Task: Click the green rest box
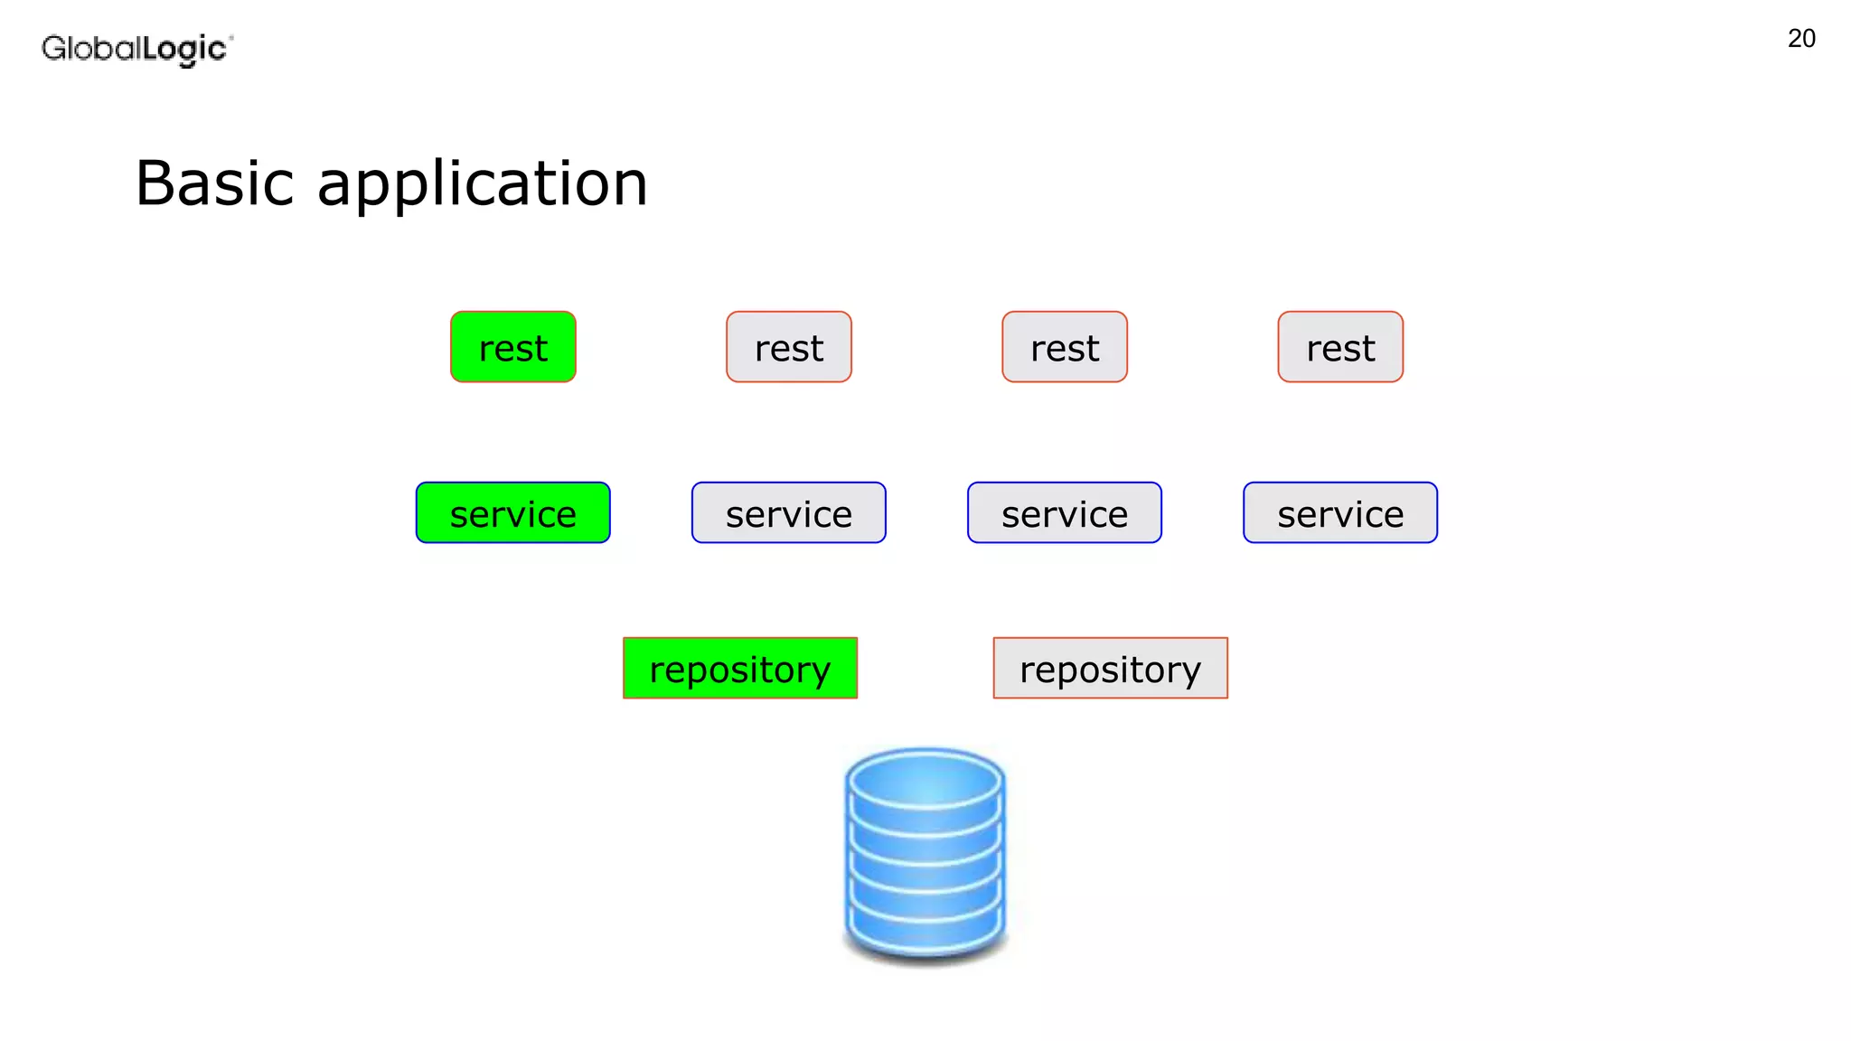[x=512, y=347]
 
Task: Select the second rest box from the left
[x=788, y=347]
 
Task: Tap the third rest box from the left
[x=1064, y=347]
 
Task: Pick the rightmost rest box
[x=1339, y=347]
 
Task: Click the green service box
[x=512, y=512]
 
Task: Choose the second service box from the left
[x=788, y=512]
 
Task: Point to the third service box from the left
[x=1064, y=512]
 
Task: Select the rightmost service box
[x=1339, y=512]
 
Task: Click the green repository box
[x=739, y=668]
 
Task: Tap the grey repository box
[x=1110, y=668]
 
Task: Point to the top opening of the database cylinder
[x=925, y=782]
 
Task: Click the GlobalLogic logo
[x=136, y=49]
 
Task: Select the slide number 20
[x=1800, y=39]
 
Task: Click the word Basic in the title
[x=214, y=183]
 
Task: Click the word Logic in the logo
[x=184, y=49]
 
